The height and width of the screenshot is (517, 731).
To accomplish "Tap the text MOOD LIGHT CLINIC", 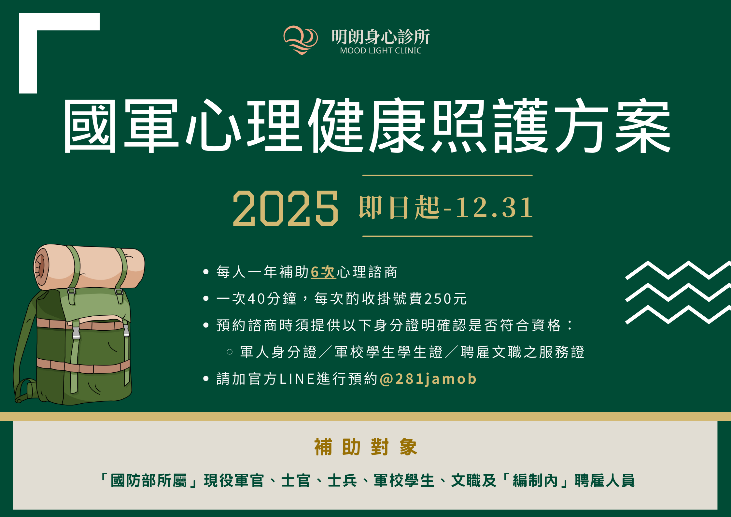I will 380,51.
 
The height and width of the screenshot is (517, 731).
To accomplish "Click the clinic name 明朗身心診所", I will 380,36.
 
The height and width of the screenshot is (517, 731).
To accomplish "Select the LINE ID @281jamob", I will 428,379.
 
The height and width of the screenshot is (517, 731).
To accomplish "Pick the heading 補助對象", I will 365,447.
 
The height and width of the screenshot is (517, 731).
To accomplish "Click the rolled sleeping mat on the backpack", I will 89,267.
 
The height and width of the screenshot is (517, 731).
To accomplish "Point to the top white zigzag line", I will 677,270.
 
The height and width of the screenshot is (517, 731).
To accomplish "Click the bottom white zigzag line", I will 677,315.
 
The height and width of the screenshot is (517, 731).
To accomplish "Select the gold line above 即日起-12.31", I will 447,175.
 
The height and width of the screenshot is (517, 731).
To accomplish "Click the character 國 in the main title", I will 90,126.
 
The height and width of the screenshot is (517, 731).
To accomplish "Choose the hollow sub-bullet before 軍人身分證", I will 230,352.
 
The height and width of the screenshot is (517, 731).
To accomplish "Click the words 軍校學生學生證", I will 388,352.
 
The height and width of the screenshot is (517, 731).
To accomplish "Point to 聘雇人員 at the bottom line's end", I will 604,481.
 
